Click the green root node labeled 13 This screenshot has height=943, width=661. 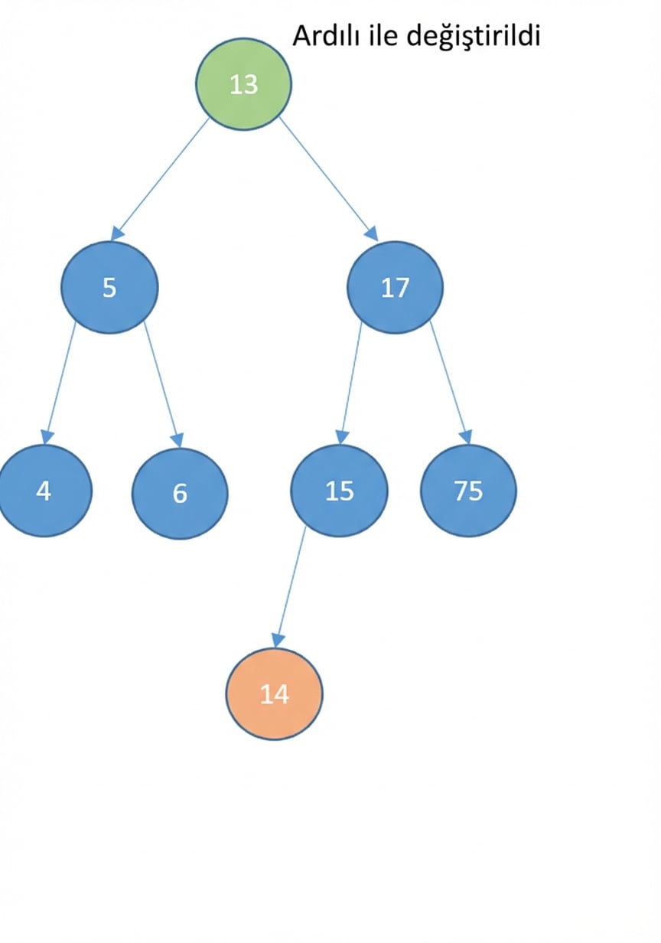click(243, 84)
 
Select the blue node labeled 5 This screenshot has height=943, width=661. click(109, 288)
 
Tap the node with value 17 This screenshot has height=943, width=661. click(395, 288)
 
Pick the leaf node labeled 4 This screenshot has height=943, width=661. click(44, 491)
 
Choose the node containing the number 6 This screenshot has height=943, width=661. click(180, 493)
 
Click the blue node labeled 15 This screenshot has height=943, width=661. click(339, 491)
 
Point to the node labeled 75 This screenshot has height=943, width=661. click(468, 491)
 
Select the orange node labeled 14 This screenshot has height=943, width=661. click(275, 694)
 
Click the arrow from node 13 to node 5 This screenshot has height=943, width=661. click(160, 179)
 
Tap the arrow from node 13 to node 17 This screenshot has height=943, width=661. click(329, 179)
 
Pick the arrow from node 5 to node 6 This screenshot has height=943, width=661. click(163, 384)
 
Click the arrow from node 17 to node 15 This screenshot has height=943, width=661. click(350, 383)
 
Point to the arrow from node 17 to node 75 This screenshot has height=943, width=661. click(450, 383)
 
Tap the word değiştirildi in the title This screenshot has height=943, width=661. click(474, 37)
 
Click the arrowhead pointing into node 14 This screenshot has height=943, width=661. click(278, 641)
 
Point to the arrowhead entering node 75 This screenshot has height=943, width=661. click(466, 438)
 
